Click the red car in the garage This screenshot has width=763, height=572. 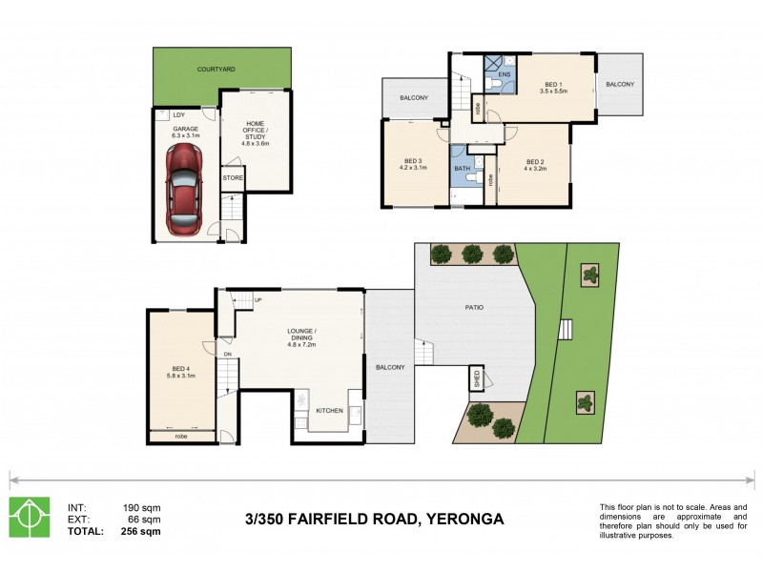[182, 192]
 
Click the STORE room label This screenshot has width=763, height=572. [233, 177]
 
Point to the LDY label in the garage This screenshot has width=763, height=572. [178, 115]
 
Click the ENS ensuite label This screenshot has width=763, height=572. [505, 73]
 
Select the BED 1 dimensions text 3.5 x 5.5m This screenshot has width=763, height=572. [553, 92]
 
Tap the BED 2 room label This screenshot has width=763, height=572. [534, 161]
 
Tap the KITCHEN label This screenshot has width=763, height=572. [329, 411]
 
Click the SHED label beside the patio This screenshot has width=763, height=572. [476, 380]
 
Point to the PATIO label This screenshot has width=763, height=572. [474, 308]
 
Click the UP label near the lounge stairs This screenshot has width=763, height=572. [258, 300]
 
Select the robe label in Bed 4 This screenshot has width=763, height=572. [181, 437]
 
